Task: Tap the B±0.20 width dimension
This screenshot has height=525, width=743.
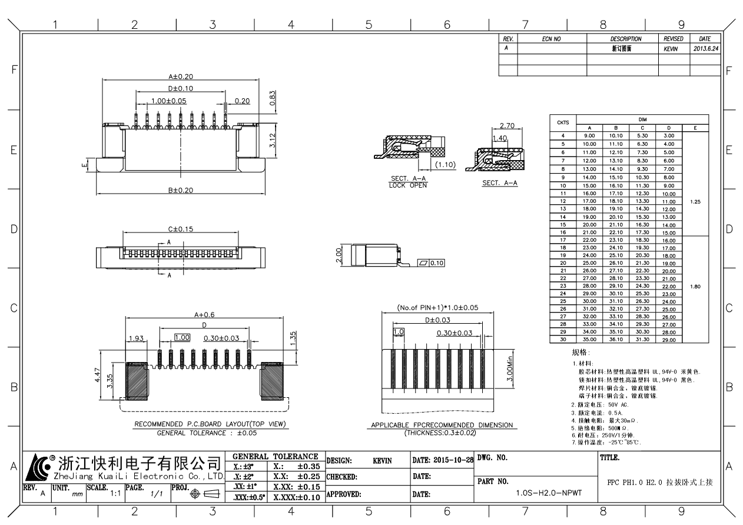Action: point(180,190)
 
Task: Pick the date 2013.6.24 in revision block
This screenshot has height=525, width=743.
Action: point(705,48)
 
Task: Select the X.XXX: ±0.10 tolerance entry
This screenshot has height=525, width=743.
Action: point(296,497)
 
